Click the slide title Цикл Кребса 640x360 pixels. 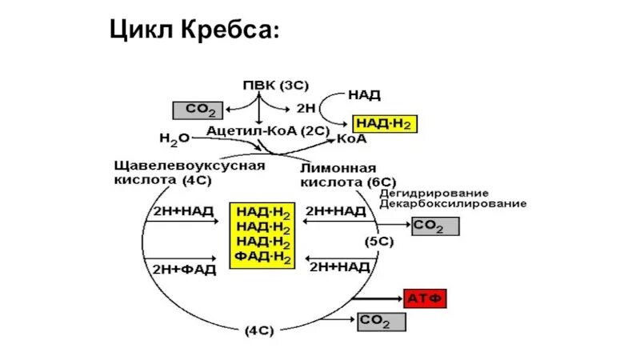tap(194, 31)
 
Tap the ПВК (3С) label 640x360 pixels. tap(274, 84)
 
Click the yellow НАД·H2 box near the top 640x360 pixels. tap(385, 124)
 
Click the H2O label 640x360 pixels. tap(174, 138)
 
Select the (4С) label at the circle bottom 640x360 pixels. tap(260, 330)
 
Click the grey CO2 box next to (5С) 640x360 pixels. tap(436, 226)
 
